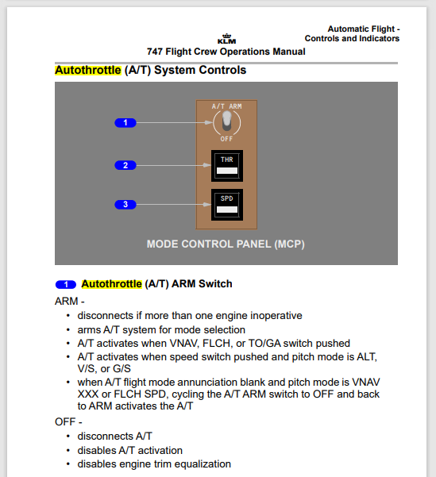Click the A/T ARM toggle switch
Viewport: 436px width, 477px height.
point(226,121)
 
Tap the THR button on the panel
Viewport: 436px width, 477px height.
point(226,165)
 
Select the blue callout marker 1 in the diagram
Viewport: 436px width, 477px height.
point(125,122)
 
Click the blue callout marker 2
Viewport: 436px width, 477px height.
point(125,165)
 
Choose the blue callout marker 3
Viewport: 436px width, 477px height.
point(125,205)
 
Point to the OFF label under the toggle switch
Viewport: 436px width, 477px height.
point(227,139)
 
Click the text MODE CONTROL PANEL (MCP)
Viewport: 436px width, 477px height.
point(226,244)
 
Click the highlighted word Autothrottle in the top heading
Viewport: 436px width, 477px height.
point(87,70)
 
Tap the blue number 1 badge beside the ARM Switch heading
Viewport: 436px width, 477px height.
point(66,284)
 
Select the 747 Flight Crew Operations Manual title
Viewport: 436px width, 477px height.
point(226,52)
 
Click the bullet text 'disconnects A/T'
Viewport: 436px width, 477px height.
point(114,436)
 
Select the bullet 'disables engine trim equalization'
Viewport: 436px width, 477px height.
point(154,464)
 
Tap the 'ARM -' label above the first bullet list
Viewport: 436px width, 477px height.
point(69,302)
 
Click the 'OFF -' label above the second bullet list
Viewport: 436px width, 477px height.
point(68,421)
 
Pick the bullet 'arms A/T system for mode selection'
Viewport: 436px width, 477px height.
point(161,329)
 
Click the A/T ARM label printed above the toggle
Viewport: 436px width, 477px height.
point(226,105)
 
